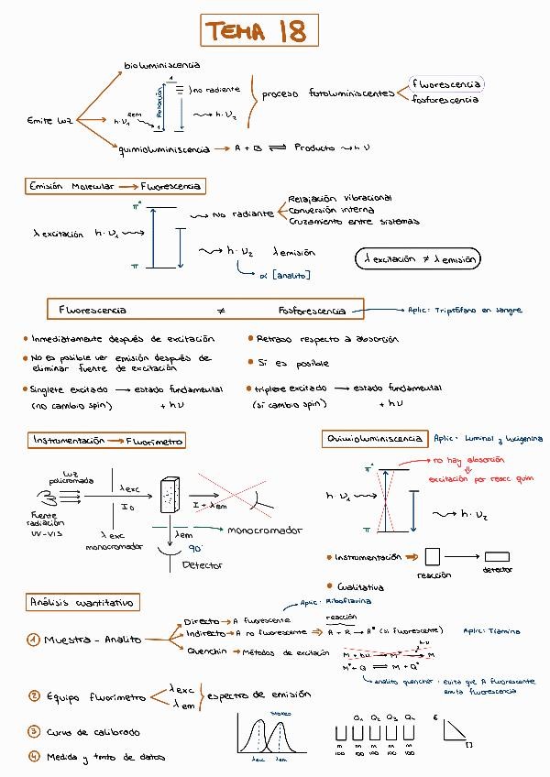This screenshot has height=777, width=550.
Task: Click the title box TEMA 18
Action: pos(255,32)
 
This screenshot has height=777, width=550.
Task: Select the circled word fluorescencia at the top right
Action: pos(446,84)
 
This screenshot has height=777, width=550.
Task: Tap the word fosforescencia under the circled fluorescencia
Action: pos(445,99)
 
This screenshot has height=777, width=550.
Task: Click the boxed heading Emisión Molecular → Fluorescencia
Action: pos(115,186)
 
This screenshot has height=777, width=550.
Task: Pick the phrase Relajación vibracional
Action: pos(339,198)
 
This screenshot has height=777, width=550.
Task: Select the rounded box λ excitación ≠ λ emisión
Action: pos(417,259)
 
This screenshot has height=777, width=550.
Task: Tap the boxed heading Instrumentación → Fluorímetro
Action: pos(107,441)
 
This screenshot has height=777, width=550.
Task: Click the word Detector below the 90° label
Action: pos(202,565)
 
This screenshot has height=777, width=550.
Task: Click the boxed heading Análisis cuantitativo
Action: pos(82,602)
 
